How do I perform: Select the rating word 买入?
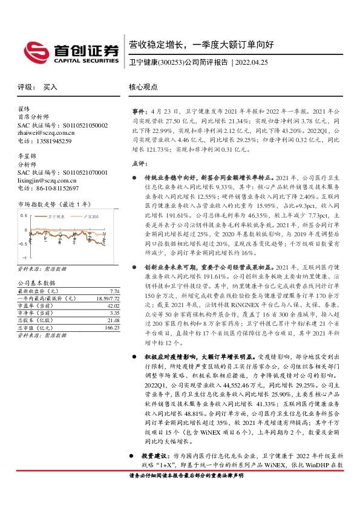[x=50, y=87]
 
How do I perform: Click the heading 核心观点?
[x=143, y=87]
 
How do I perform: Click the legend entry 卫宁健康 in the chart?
[x=56, y=215]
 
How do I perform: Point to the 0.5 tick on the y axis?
[x=24, y=215]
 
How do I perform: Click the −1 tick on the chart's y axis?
[x=25, y=257]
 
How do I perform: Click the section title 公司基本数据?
[x=36, y=283]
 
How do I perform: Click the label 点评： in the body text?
[x=139, y=163]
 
